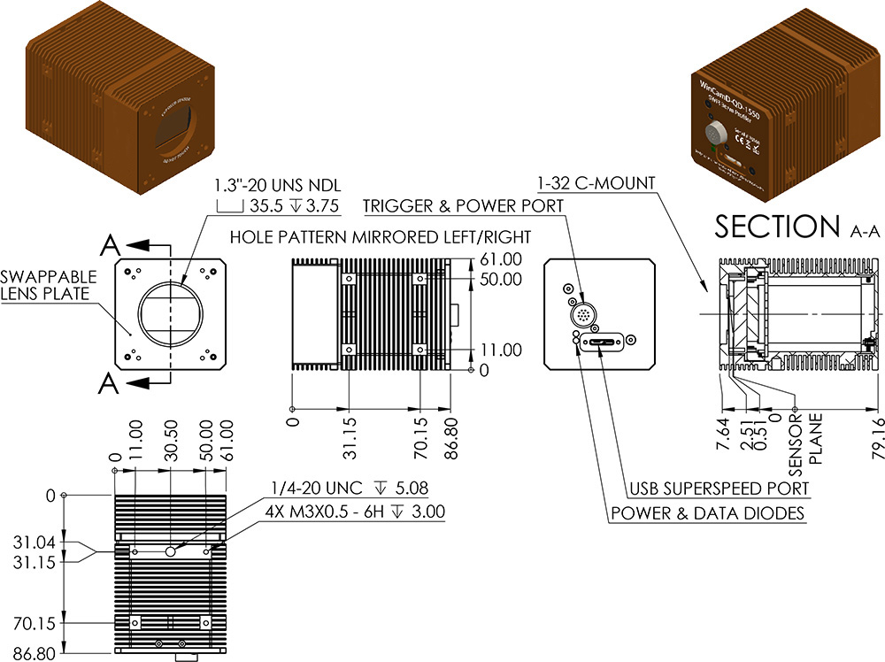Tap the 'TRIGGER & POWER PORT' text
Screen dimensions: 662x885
tap(463, 206)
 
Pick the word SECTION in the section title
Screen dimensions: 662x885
tap(776, 227)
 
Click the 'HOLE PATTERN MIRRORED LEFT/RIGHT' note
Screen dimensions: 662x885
tap(380, 237)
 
